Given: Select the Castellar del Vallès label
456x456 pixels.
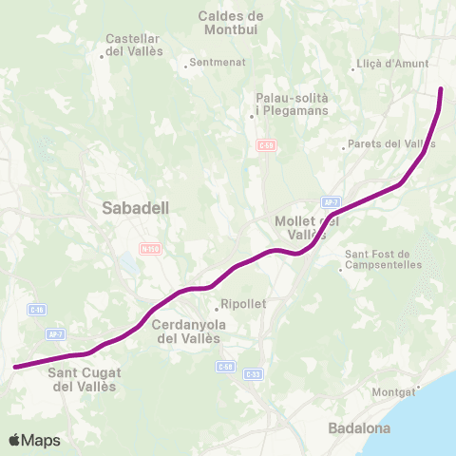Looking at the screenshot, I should tap(134, 45).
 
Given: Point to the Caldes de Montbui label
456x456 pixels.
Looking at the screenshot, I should tap(231, 23).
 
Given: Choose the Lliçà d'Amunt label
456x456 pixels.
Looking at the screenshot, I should tap(392, 65).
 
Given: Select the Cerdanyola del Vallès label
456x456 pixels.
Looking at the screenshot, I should tap(188, 332).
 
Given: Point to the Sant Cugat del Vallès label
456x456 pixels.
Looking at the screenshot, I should tap(83, 380).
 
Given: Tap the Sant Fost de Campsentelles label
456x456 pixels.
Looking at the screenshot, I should tap(376, 259).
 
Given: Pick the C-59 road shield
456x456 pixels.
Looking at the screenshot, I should tap(266, 144).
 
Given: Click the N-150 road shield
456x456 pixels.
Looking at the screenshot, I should tap(149, 249).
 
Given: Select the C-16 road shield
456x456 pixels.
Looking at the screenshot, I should tap(36, 310).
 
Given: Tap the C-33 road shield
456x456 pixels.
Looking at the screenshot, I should tap(252, 374).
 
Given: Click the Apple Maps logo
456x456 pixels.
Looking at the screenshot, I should tap(35, 440).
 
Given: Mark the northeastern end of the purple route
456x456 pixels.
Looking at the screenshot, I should tap(442, 89).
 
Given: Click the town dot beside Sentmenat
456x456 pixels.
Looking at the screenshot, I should tap(186, 66).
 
